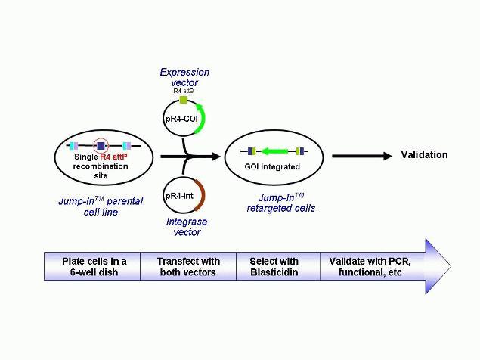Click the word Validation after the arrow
click(424, 155)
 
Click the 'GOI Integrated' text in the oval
click(272, 166)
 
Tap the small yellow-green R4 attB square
click(183, 99)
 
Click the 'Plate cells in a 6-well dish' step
click(92, 267)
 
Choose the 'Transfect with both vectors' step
click(188, 267)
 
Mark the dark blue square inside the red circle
click(100, 145)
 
